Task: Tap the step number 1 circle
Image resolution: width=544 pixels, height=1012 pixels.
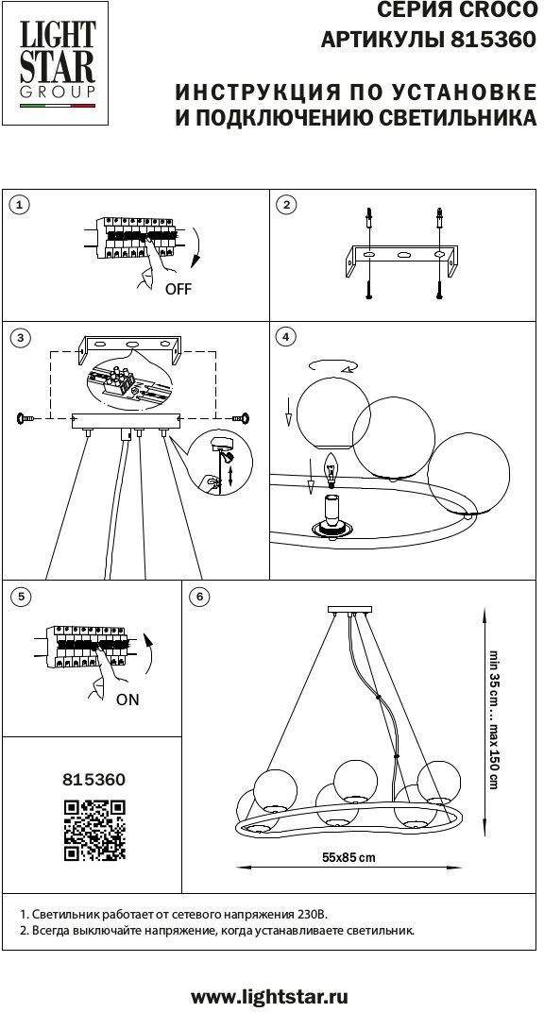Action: pos(21,205)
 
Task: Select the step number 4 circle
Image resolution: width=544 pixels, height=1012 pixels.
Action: pos(285,336)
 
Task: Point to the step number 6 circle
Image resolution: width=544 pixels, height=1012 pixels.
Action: pos(199,597)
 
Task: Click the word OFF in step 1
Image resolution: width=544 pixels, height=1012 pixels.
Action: pos(178,289)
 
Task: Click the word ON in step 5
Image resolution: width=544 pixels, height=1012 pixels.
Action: pos(127,700)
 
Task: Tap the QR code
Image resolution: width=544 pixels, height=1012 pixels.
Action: pos(94,830)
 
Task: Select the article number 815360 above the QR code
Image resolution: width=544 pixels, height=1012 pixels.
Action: pos(94,780)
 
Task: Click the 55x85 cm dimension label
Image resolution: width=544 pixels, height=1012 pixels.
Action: pos(348,858)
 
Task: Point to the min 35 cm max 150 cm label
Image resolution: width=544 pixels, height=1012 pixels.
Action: pos(493,719)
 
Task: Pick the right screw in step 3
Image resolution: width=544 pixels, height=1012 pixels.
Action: pos(243,419)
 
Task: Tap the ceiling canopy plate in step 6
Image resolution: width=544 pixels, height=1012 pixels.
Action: pos(351,610)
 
